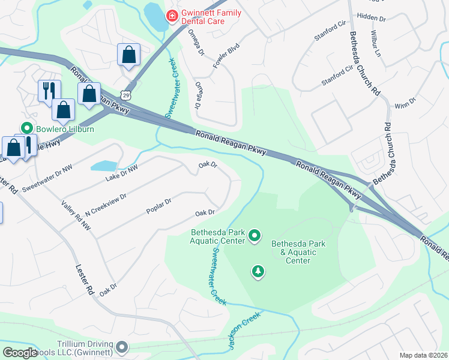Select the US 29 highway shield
coord(125,95)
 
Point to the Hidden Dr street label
coord(371,19)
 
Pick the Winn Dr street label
coord(405,103)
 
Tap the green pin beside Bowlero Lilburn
coord(26,128)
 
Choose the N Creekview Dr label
coord(106,205)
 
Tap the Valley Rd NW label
coord(76,215)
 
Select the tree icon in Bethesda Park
coord(258,272)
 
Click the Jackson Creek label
coord(244,331)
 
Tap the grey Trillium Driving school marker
coord(122,347)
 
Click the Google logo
coord(20,353)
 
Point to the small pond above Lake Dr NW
coord(103,166)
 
